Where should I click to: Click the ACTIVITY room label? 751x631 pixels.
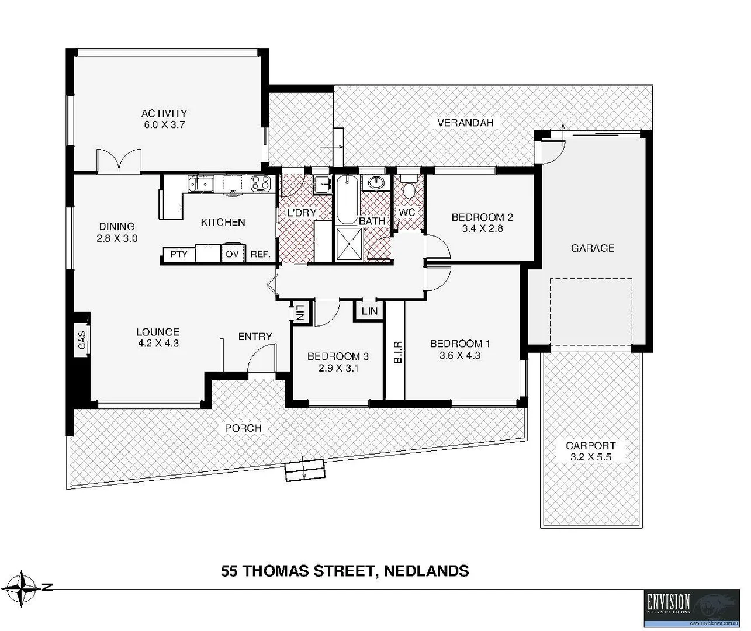pos(164,113)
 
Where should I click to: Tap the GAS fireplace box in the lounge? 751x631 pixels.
pos(82,340)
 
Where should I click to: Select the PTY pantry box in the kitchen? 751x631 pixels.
pos(179,254)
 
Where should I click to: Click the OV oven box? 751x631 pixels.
pos(232,254)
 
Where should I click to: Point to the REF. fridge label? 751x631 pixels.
pos(260,254)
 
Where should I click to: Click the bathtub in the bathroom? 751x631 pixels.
pos(345,199)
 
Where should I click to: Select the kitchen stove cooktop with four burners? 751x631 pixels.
pos(259,183)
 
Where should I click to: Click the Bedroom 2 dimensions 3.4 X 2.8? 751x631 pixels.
pos(482,229)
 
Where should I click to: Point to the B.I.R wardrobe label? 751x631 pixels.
pos(397,353)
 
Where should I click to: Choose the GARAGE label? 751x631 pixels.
pos(592,248)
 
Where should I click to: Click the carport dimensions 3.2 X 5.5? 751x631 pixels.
pos(590,457)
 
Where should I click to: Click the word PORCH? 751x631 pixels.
pos(243,428)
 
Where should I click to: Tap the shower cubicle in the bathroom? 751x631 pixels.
pos(349,244)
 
